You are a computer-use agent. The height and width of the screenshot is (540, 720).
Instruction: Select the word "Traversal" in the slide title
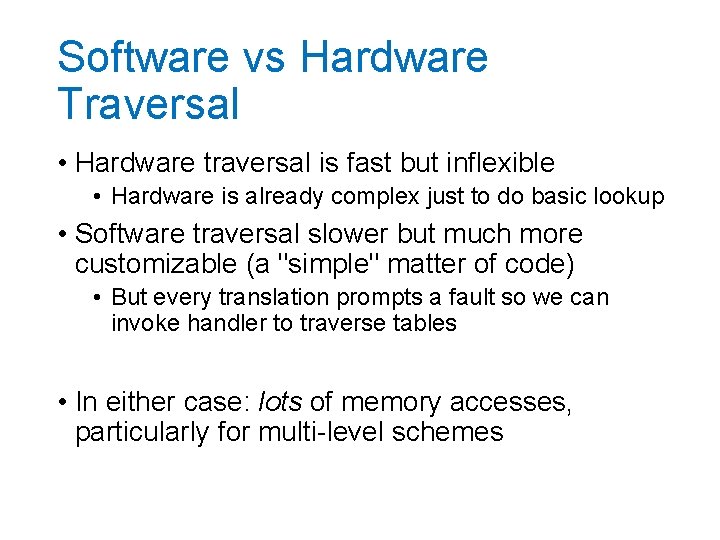pyautogui.click(x=148, y=104)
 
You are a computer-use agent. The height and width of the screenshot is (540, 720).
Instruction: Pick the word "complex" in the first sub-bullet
pyautogui.click(x=377, y=197)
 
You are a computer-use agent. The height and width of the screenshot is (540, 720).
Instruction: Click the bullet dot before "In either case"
pyautogui.click(x=62, y=403)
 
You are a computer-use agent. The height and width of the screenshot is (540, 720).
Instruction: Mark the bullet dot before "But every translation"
pyautogui.click(x=99, y=298)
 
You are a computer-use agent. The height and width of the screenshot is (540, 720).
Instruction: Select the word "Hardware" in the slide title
pyautogui.click(x=393, y=58)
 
